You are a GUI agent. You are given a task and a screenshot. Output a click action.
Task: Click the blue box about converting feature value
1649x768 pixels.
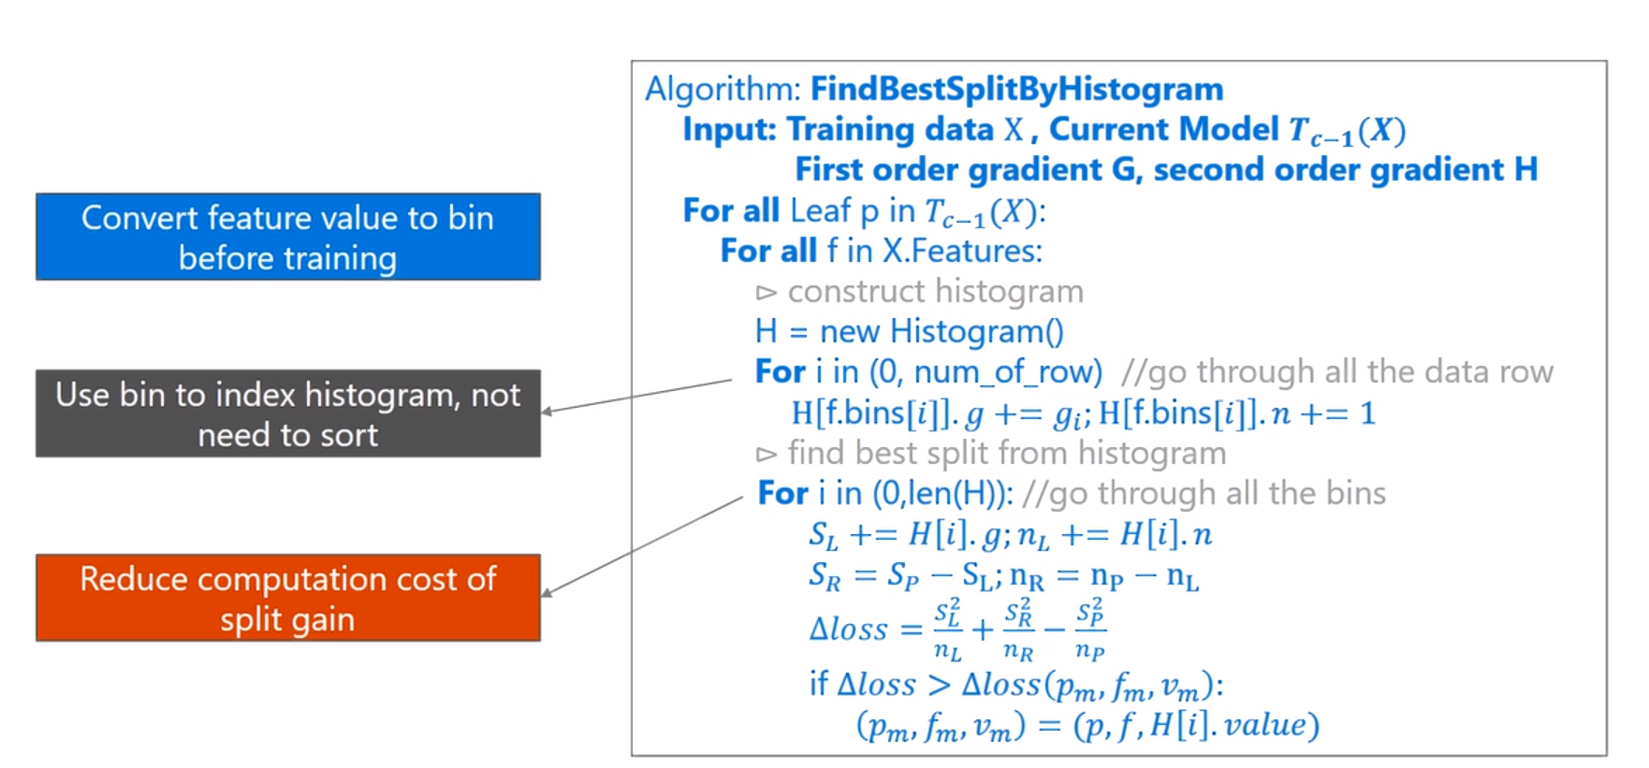pyautogui.click(x=288, y=237)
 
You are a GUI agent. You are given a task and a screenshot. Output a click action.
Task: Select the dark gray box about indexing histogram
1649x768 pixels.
pyautogui.click(x=288, y=413)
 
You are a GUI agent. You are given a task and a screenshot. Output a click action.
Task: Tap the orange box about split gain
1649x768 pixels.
pyautogui.click(x=288, y=598)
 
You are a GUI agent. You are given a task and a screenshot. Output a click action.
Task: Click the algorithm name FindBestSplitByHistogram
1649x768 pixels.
pyautogui.click(x=1016, y=89)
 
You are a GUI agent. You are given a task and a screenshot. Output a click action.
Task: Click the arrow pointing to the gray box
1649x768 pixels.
pyautogui.click(x=636, y=396)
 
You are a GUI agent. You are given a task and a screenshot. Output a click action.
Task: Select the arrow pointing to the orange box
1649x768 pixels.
pyautogui.click(x=642, y=546)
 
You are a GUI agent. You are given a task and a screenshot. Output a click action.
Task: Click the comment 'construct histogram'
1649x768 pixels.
pyautogui.click(x=935, y=292)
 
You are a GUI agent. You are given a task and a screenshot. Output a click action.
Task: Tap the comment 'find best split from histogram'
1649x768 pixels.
pyautogui.click(x=1007, y=454)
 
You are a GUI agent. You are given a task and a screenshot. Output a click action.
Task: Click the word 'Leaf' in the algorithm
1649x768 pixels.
pyautogui.click(x=820, y=210)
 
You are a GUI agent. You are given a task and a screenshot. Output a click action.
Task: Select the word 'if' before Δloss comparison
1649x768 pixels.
pyautogui.click(x=819, y=684)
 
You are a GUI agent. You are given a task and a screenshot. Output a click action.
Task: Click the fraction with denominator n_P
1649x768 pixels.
pyautogui.click(x=1090, y=629)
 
